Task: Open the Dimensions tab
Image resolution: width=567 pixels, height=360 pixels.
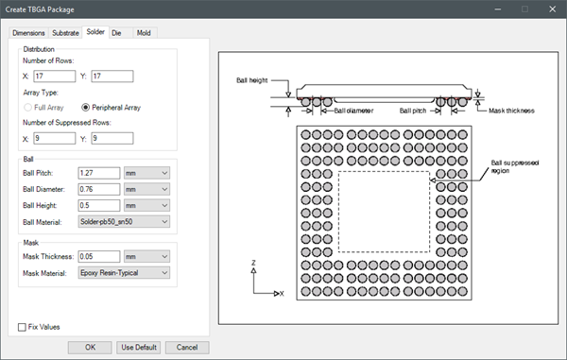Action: [x=28, y=33]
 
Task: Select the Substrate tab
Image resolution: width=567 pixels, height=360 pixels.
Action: [x=65, y=33]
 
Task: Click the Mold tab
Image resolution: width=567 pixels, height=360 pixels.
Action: [x=144, y=33]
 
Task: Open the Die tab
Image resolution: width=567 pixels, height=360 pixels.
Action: [x=116, y=33]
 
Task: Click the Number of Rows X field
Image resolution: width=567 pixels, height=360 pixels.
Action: [x=55, y=77]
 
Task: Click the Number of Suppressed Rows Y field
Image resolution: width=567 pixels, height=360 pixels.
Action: [x=112, y=139]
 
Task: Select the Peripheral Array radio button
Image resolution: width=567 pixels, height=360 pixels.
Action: [x=85, y=108]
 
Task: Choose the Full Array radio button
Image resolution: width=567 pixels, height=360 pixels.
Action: [x=27, y=108]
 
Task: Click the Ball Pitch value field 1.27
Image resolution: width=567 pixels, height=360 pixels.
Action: [x=99, y=173]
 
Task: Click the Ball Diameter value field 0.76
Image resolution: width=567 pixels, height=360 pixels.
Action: [x=99, y=189]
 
